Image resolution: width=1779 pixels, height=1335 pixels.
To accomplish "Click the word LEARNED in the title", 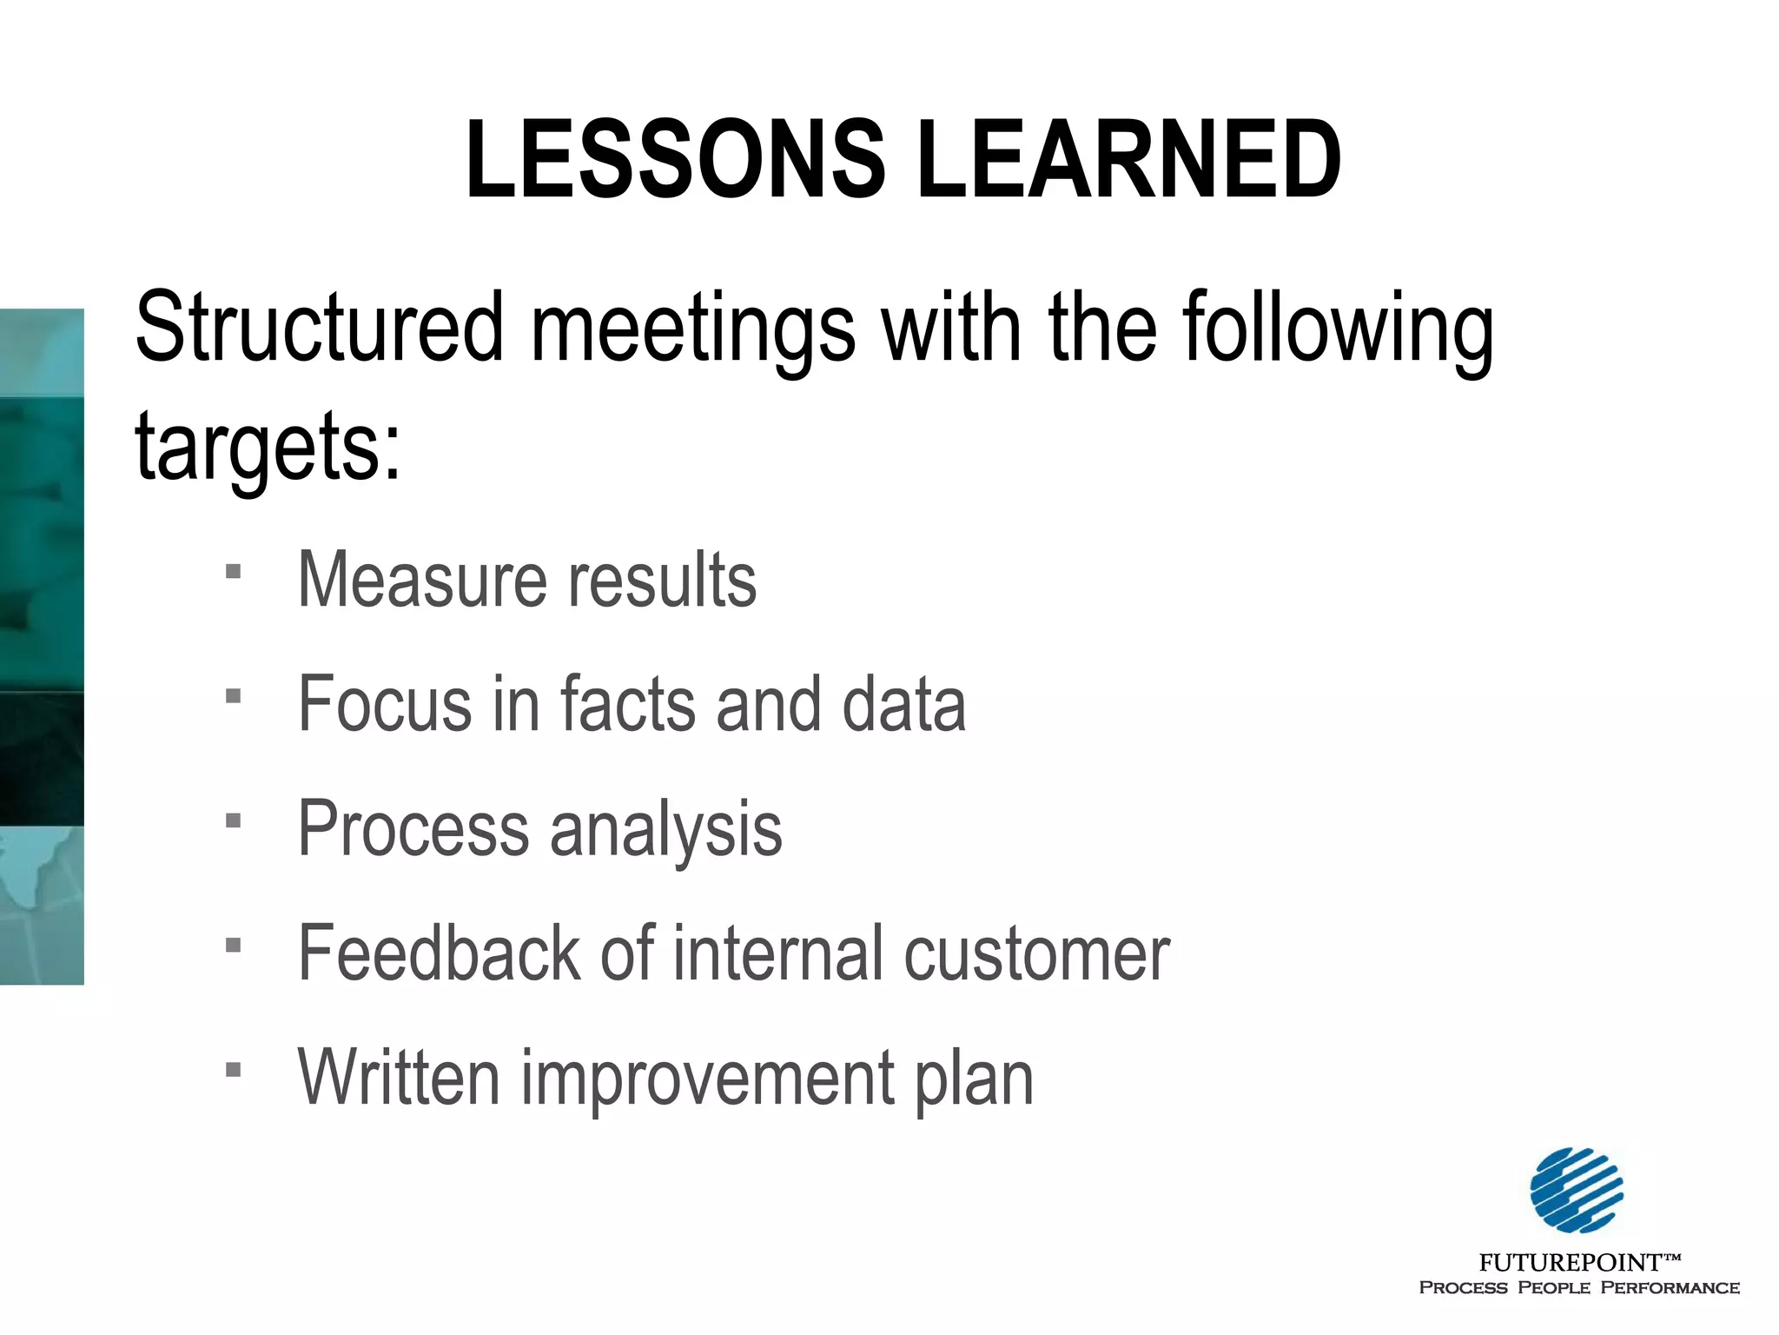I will (x=1129, y=161).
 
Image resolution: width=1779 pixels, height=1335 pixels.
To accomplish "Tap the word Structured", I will (x=320, y=328).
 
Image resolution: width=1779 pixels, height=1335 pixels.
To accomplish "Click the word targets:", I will (x=268, y=448).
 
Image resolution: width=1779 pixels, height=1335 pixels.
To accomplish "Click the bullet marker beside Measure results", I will (x=233, y=572).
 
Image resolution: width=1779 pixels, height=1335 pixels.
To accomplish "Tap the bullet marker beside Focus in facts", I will (x=233, y=696).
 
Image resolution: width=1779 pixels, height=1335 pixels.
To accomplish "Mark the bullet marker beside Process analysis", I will (x=233, y=820).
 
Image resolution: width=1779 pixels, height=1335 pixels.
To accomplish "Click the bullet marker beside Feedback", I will (x=233, y=945).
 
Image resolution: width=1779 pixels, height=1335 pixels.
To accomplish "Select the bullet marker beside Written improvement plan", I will (x=233, y=1069).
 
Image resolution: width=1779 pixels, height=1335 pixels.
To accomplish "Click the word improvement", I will (x=705, y=1079).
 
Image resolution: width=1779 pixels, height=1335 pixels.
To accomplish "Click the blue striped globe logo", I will (x=1577, y=1190).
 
